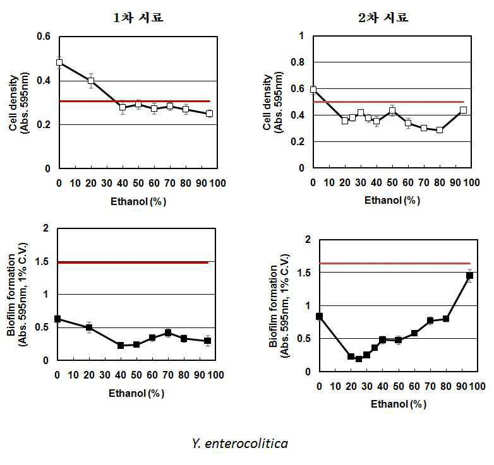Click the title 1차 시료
[138, 18]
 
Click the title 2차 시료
[383, 18]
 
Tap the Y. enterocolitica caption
[240, 444]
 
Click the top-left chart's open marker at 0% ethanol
[59, 62]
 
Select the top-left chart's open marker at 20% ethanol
[91, 81]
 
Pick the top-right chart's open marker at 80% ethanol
[440, 130]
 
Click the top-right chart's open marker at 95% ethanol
[463, 110]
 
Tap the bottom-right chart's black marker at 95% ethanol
[469, 276]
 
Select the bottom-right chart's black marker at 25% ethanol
[359, 358]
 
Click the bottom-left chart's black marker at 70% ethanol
[168, 333]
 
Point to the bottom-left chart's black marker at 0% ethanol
[57, 319]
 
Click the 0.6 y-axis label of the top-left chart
[44, 37]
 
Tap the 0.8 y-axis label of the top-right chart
[298, 62]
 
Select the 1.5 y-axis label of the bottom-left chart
[42, 261]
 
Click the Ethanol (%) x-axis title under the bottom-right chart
[398, 404]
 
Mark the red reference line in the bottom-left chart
[133, 262]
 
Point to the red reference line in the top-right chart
[389, 102]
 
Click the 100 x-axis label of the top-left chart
[217, 183]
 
